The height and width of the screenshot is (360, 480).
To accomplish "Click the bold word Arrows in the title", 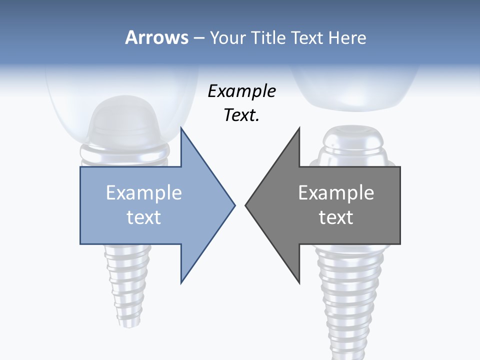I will coord(157,37).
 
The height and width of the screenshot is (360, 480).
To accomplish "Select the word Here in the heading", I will coord(347,38).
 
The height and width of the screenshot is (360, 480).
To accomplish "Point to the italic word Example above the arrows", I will coord(241,91).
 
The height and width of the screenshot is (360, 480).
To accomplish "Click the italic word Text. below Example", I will coord(241,115).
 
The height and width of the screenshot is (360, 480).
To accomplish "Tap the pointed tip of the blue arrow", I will coord(234,205).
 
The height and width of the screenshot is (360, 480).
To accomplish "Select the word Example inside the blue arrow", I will coord(143,193).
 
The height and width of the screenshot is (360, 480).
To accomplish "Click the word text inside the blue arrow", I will coord(143,217).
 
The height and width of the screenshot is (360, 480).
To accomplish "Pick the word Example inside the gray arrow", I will coord(336,193).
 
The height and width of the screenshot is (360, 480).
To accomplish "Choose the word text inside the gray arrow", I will coord(336,217).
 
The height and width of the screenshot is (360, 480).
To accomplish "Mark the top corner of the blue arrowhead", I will coord(181,128).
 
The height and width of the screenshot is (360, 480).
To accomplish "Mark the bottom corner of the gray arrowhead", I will coord(299,282).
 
